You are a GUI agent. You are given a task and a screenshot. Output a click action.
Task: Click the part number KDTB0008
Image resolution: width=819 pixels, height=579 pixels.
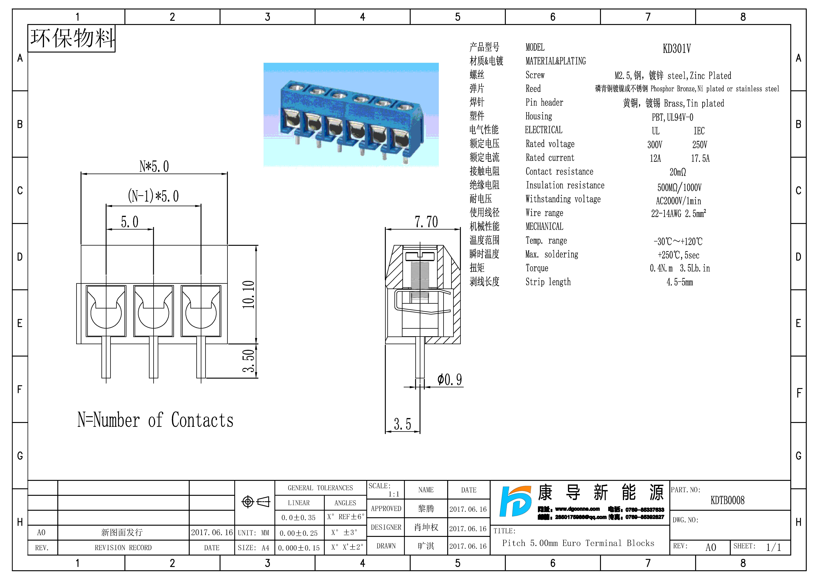coord(727,500)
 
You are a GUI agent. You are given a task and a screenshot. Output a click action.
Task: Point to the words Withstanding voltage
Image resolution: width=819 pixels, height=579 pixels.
coord(563,199)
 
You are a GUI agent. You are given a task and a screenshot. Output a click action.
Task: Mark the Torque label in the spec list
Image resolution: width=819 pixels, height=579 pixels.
coord(537,268)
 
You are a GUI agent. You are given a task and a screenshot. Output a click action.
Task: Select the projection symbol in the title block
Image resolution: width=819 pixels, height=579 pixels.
coord(255,502)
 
